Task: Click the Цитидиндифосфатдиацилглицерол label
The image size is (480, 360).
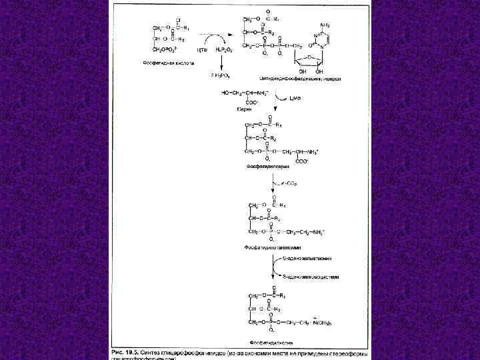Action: [310, 78]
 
